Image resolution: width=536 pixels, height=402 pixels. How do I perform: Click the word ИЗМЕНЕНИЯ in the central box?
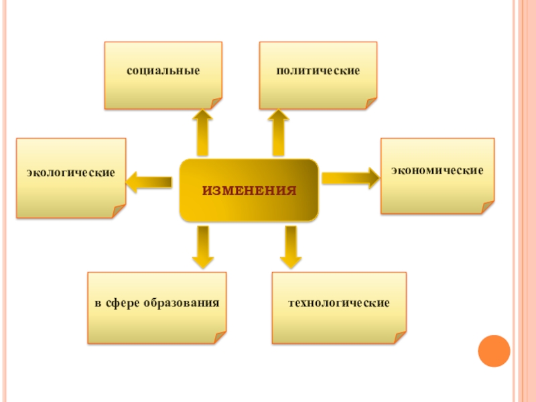[249, 191]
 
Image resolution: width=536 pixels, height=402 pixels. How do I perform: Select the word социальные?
[163, 70]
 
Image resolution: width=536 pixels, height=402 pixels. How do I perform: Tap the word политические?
[318, 70]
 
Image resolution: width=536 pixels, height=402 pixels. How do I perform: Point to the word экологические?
[71, 173]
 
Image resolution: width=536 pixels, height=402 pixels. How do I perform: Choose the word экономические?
[438, 171]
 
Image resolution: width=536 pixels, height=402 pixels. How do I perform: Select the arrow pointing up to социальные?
[202, 133]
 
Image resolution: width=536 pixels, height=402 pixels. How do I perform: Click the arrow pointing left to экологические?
[149, 181]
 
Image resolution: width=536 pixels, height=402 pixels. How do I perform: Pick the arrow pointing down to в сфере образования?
[202, 247]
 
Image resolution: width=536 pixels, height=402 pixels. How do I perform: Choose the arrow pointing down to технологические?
[290, 247]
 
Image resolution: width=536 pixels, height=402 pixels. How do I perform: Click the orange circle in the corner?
[494, 350]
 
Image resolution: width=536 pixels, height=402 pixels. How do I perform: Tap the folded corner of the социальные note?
[216, 103]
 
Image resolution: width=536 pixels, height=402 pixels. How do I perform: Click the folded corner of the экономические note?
[488, 208]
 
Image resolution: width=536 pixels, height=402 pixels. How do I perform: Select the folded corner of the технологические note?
[400, 337]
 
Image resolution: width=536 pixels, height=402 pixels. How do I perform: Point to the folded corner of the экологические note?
[119, 212]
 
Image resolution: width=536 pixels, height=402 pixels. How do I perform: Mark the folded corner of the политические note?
[371, 103]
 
